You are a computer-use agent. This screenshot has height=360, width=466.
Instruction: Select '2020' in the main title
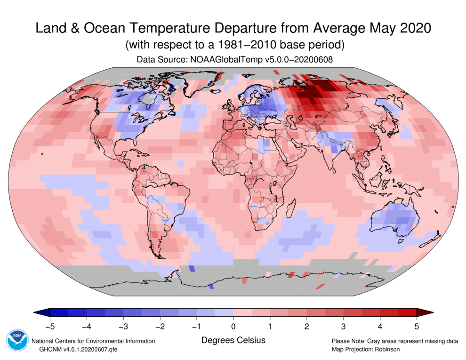coord(412,28)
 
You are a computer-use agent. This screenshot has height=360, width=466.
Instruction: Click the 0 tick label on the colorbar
coord(233,325)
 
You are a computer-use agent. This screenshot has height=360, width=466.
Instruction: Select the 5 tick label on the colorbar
coord(417,325)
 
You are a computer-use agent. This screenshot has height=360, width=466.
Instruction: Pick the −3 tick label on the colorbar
coord(123,325)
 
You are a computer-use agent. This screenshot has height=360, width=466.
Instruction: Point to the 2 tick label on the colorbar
coord(306,325)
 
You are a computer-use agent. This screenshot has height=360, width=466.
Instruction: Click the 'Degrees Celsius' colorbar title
coord(233,340)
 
